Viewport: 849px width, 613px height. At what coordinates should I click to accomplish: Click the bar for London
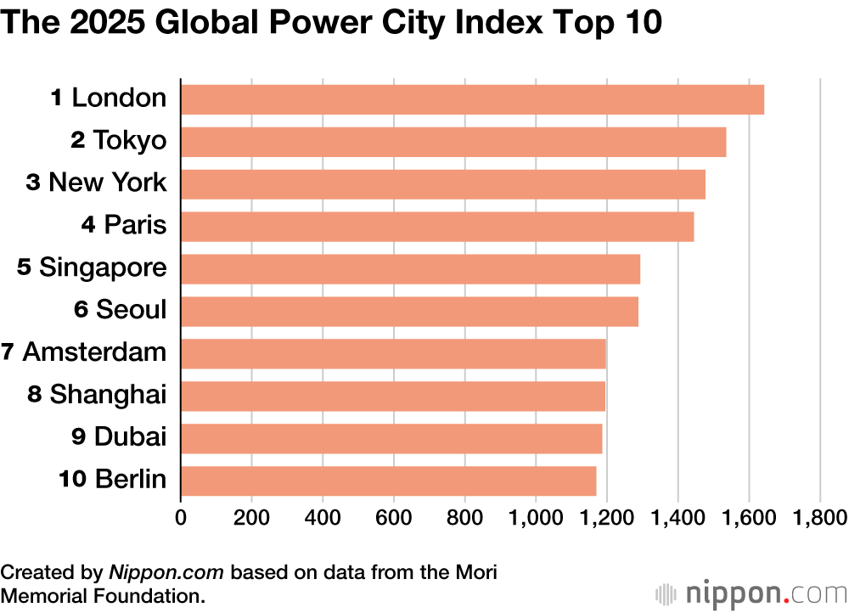[x=472, y=99]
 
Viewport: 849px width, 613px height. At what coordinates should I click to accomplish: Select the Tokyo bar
[x=453, y=142]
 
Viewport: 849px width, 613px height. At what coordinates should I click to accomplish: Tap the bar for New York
[x=443, y=184]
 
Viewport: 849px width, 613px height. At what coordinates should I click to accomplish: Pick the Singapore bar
[x=410, y=269]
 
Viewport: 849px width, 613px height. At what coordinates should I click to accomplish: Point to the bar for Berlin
[x=388, y=481]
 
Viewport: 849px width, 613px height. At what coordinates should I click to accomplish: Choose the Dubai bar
[x=391, y=438]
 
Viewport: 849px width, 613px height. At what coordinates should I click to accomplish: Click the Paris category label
[x=124, y=226]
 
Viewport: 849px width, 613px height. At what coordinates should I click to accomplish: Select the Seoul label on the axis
[x=121, y=310]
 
